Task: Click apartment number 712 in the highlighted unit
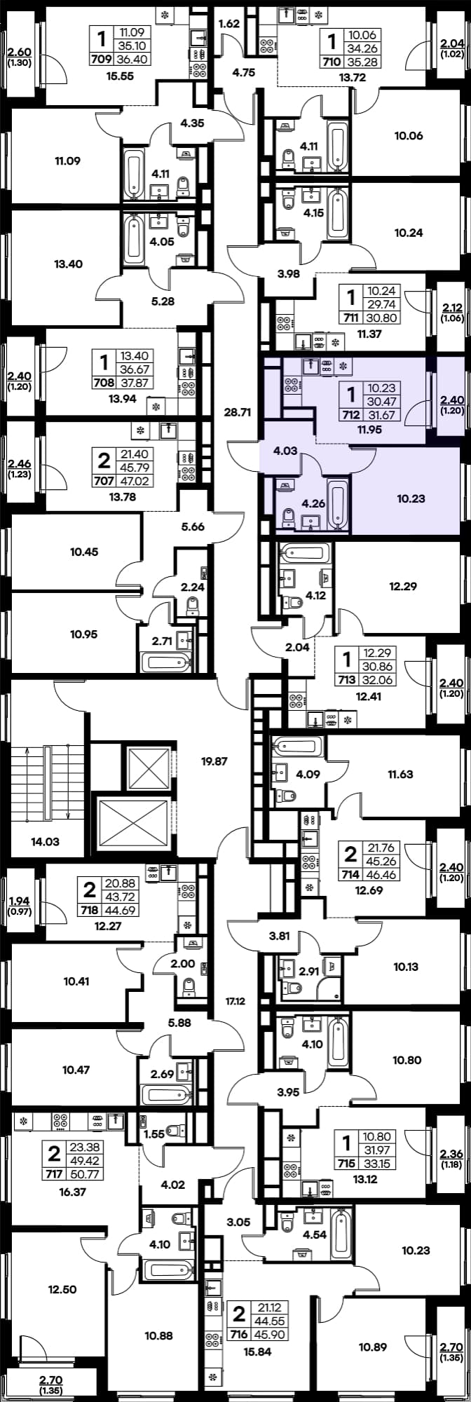[x=346, y=414]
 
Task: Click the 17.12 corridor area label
[x=235, y=1002]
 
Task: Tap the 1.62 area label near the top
[x=229, y=24]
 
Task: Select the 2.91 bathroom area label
[x=308, y=971]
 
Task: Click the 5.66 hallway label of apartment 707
[x=192, y=526]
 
